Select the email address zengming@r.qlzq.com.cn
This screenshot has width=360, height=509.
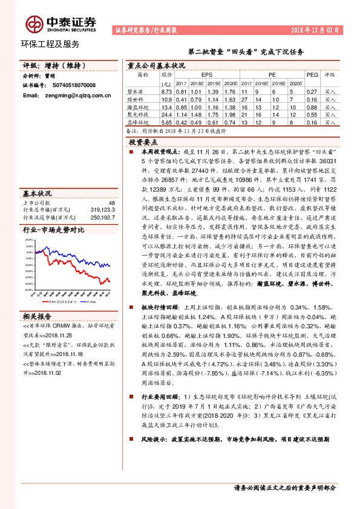tap(67, 95)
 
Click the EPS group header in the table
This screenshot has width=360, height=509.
tap(207, 74)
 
